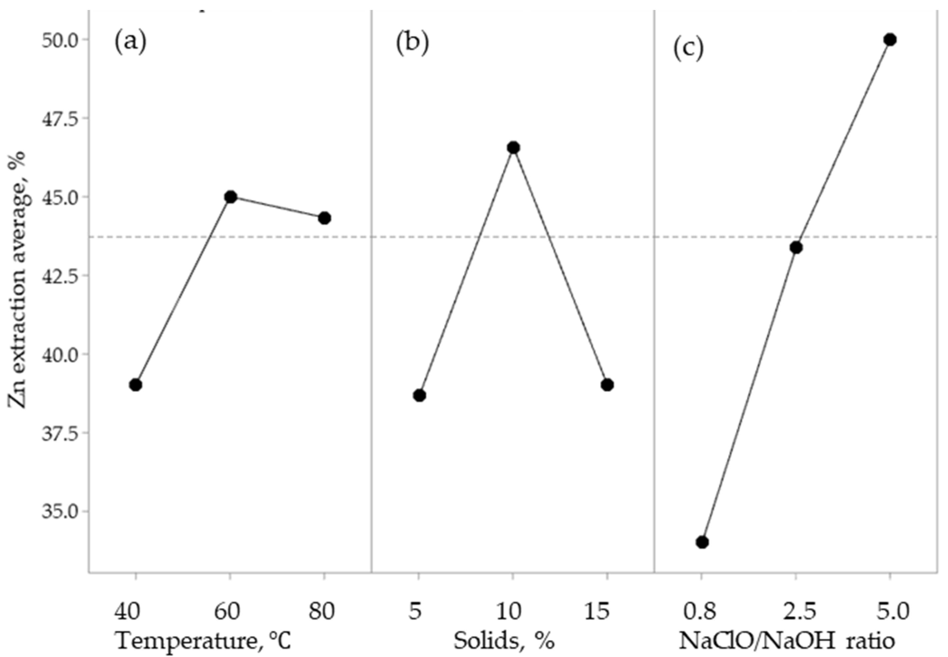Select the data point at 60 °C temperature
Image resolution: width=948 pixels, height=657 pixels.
(x=231, y=197)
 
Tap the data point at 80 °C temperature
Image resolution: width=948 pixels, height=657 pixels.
(x=325, y=218)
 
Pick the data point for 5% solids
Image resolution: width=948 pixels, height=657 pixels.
(x=419, y=396)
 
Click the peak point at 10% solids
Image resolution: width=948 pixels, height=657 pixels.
(x=513, y=148)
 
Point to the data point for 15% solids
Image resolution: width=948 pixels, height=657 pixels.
(x=607, y=385)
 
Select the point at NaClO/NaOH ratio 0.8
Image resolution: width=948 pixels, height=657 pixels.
(x=702, y=542)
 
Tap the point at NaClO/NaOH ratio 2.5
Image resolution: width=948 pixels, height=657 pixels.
(x=796, y=248)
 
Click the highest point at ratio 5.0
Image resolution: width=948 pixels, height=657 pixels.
(x=890, y=40)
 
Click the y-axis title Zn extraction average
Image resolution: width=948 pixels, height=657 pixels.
(x=17, y=280)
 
